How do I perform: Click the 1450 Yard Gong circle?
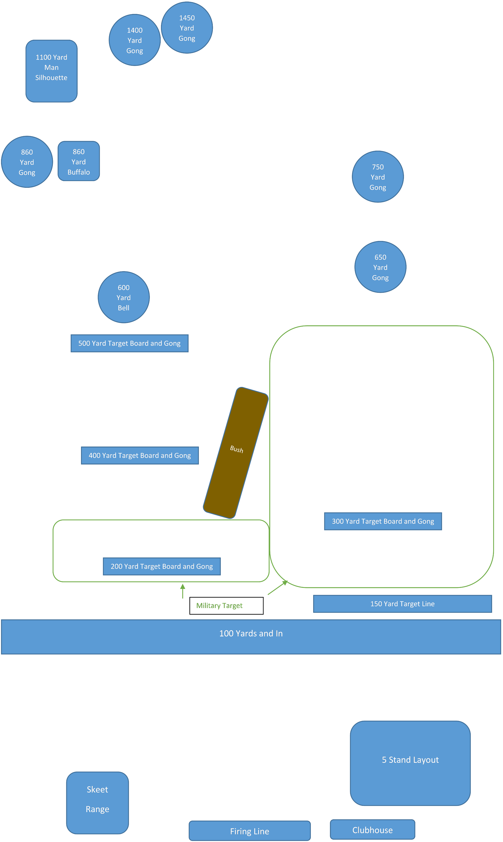[187, 28]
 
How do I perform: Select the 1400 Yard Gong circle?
[135, 40]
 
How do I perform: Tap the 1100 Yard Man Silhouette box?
[52, 71]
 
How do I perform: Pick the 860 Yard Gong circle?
[27, 162]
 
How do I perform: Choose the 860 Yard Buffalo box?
[79, 161]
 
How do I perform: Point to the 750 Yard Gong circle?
[378, 177]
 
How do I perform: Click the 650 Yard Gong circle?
[380, 267]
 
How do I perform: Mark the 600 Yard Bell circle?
[124, 297]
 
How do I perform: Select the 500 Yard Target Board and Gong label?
[129, 343]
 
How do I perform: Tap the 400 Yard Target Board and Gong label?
[140, 456]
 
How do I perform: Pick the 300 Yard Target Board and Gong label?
[383, 521]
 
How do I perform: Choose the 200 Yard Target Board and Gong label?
[162, 566]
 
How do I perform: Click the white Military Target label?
[226, 605]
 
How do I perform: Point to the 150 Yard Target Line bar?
[402, 604]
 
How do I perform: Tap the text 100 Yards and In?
[251, 634]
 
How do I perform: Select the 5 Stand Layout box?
[410, 763]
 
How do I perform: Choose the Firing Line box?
[249, 831]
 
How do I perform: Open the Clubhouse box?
[372, 830]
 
